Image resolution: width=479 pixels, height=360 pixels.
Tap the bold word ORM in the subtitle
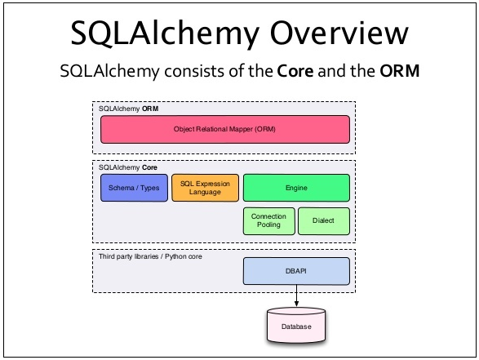tap(400, 71)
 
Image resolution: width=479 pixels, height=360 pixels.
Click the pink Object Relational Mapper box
tap(224, 129)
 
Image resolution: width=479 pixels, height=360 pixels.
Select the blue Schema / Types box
tap(134, 188)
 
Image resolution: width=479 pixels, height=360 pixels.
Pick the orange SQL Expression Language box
tap(206, 188)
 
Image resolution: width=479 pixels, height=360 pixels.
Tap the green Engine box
tap(296, 188)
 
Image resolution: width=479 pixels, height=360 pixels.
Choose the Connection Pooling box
tap(268, 220)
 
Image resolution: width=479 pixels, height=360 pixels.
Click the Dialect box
tap(323, 220)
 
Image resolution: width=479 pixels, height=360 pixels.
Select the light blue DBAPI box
tap(296, 270)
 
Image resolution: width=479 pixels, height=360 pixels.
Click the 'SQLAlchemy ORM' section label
tap(129, 108)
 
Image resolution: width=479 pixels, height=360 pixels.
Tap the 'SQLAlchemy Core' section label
tap(129, 167)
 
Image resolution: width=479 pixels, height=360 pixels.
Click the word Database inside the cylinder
tap(296, 327)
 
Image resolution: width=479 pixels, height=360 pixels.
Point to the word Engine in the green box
tap(296, 188)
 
